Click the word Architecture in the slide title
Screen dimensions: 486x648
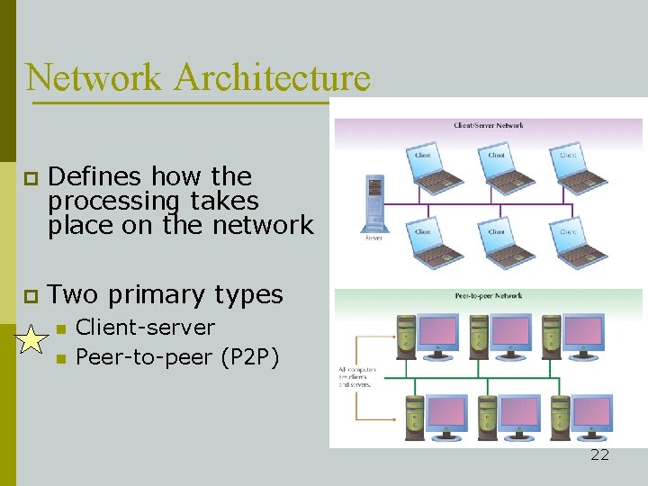[272, 77]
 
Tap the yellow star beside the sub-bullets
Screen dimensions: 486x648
[31, 339]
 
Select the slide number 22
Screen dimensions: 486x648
[599, 454]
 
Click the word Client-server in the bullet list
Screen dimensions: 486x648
[146, 328]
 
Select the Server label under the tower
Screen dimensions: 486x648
[373, 238]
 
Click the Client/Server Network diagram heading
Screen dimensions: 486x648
[489, 126]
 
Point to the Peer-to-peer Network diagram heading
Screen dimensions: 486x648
[489, 295]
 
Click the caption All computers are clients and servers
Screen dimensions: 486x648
[358, 376]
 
